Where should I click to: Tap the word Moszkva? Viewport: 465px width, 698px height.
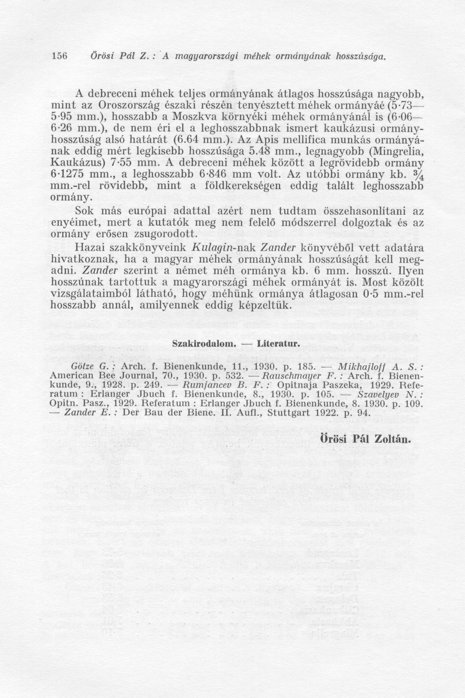194,118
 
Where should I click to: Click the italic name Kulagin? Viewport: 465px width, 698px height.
211,248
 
